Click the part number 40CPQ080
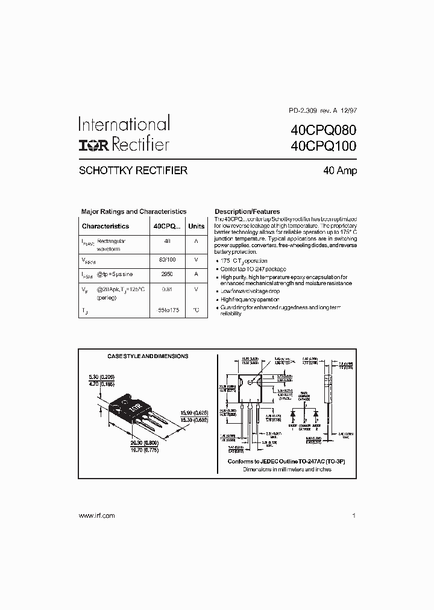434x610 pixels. [x=324, y=130]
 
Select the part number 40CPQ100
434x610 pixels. [x=324, y=146]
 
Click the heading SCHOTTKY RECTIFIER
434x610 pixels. [x=133, y=171]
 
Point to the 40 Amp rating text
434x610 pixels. [x=340, y=171]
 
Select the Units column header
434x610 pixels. [x=197, y=226]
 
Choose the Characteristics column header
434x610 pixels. [x=105, y=226]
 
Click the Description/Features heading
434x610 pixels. [x=247, y=212]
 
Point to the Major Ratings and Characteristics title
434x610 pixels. [x=134, y=212]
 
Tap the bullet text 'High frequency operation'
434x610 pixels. [x=250, y=300]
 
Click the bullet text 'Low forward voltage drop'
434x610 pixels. [x=250, y=291]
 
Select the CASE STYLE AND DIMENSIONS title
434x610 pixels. [x=148, y=356]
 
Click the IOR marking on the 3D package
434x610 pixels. [x=133, y=407]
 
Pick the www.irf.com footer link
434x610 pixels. [x=96, y=515]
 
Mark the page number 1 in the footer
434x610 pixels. [x=354, y=515]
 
